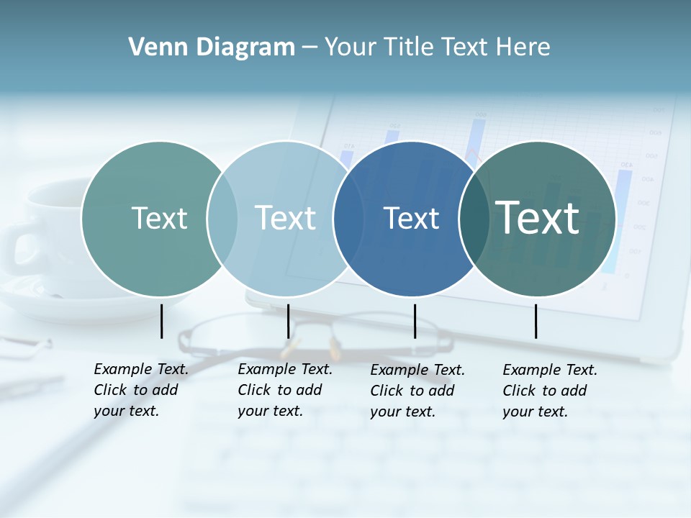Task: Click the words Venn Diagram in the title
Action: [212, 47]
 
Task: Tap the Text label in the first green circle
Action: [159, 218]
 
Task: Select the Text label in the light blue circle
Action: [285, 218]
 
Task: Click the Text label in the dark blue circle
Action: [411, 218]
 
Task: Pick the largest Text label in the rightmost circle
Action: [537, 218]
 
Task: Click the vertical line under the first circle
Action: [162, 321]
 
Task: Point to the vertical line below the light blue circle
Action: [288, 321]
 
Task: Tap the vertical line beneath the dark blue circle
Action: [415, 321]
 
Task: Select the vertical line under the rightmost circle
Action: [536, 321]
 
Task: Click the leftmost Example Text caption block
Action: [141, 390]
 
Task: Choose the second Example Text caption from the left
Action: [285, 390]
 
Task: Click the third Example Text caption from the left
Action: [417, 391]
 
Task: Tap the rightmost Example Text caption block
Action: [550, 391]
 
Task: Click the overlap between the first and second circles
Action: [222, 218]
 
